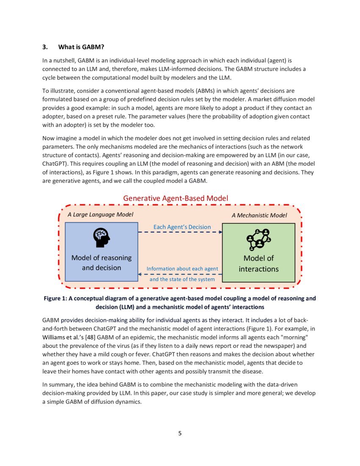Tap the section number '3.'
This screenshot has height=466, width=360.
[46, 47]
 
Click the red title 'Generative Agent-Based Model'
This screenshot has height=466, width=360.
[175, 198]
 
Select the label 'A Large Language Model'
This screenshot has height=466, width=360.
[100, 214]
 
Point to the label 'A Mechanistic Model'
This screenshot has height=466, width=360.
[259, 215]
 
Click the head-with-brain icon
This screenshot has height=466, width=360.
[101, 238]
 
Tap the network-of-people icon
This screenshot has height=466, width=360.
[258, 239]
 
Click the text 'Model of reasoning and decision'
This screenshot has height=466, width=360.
[101, 263]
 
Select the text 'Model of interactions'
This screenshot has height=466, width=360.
[258, 264]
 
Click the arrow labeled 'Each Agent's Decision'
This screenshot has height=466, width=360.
[180, 232]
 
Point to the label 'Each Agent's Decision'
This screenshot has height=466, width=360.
[182, 227]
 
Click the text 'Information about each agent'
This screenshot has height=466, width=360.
[182, 269]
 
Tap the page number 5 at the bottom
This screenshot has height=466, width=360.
[180, 433]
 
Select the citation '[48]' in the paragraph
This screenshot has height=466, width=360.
[90, 338]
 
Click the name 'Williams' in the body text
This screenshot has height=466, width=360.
[55, 338]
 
